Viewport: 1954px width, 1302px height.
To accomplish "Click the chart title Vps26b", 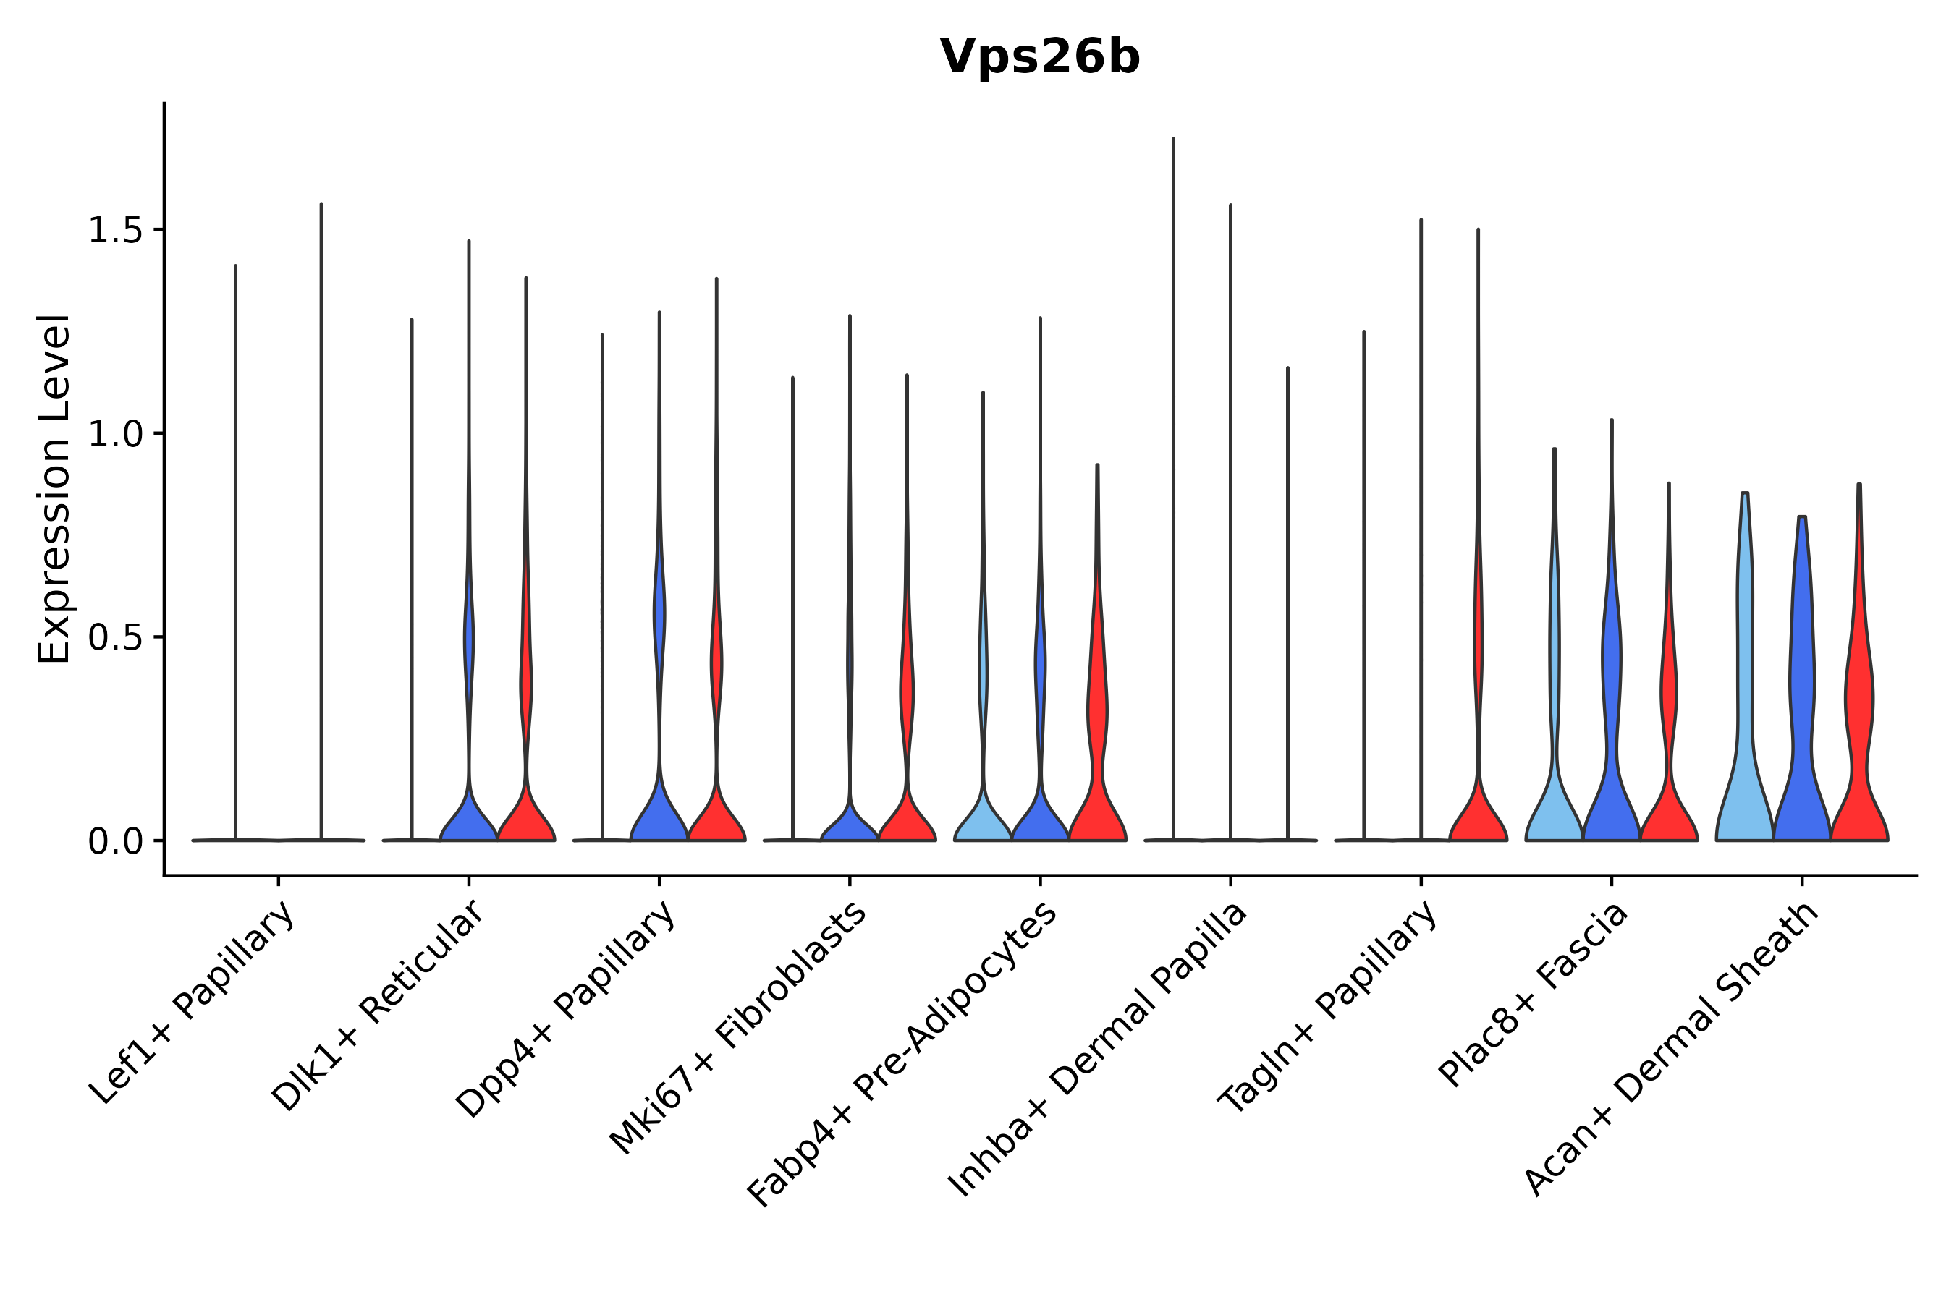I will click(x=1039, y=57).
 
